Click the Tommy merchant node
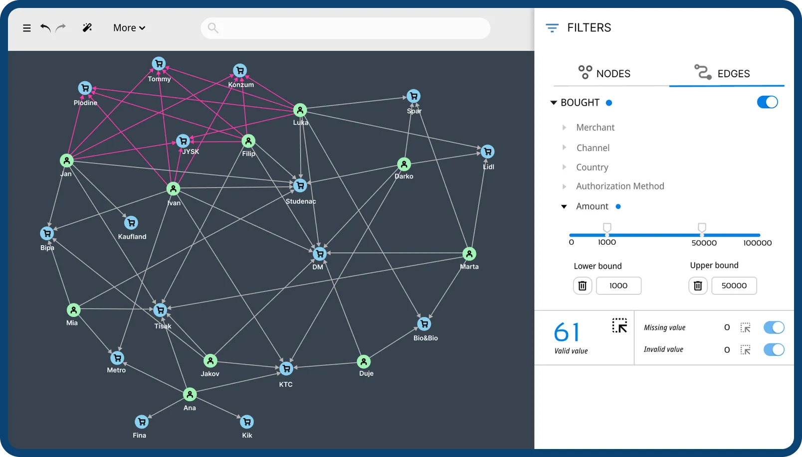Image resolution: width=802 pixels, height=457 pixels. click(159, 64)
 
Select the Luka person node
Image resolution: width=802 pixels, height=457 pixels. click(300, 110)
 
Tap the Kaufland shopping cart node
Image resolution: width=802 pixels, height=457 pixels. click(131, 223)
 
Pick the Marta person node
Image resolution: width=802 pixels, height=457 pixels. click(469, 254)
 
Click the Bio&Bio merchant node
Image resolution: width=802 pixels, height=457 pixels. click(424, 324)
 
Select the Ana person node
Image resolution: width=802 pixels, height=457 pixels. click(190, 395)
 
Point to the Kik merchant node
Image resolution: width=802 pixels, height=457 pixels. click(247, 422)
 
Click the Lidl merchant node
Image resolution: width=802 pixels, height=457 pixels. click(488, 152)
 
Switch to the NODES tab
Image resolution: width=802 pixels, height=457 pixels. click(604, 73)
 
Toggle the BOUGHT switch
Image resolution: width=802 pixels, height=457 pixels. click(767, 102)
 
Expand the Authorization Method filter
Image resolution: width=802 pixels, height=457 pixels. click(619, 186)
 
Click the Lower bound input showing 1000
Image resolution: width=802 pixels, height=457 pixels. click(618, 286)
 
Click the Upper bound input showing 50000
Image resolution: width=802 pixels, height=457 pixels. click(734, 286)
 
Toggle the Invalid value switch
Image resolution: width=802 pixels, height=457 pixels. click(774, 349)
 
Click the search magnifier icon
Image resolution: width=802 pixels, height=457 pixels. click(213, 28)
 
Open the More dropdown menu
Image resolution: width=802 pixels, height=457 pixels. click(129, 28)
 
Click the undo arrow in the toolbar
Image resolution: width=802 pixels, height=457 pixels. click(45, 28)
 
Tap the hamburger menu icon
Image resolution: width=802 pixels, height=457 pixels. click(27, 28)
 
